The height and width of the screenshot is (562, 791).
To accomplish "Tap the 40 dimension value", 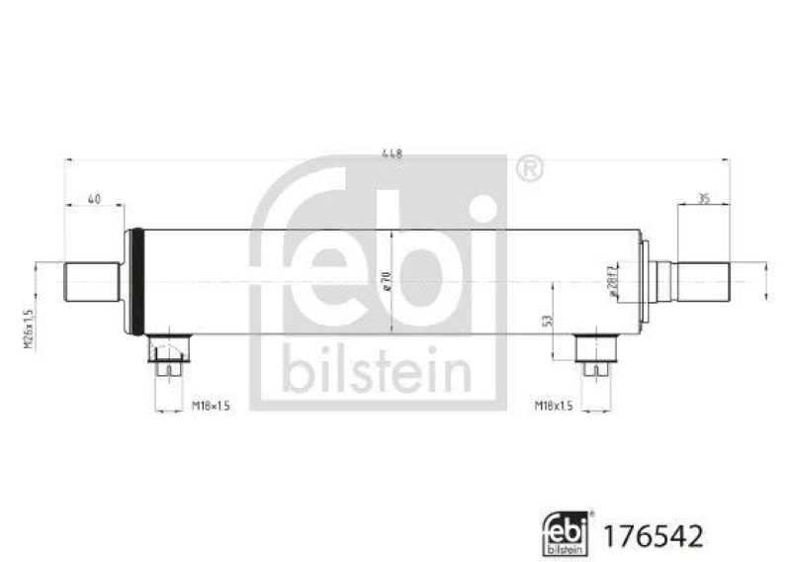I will (95, 199).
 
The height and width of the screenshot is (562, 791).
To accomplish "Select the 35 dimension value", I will (703, 198).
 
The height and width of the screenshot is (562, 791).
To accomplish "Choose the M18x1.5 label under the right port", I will (555, 406).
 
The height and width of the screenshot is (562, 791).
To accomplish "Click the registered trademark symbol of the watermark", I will (530, 169).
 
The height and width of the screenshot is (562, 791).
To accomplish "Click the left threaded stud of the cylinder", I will (92, 282).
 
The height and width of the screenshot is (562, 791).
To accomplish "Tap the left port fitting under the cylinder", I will (169, 354).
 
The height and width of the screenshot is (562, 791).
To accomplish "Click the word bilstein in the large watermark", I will (378, 372).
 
